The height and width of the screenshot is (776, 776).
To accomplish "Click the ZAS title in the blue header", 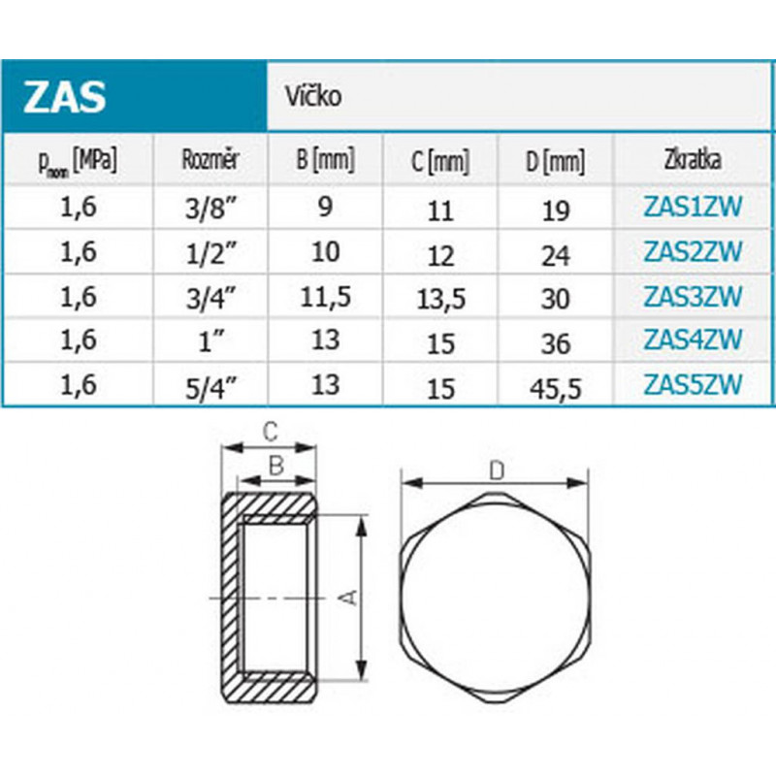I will click(65, 98).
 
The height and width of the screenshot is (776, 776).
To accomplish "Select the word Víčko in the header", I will click(312, 97).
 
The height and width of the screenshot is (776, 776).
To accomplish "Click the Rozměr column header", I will click(210, 159).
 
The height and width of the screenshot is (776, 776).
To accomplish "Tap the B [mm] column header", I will click(325, 159).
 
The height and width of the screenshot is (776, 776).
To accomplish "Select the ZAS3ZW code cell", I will click(693, 295).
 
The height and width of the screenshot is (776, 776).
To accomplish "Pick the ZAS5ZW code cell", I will click(693, 384).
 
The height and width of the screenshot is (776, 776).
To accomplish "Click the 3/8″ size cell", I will click(210, 208).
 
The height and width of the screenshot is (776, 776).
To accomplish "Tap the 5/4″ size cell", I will click(210, 386).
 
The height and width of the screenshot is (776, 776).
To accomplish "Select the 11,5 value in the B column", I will click(325, 298).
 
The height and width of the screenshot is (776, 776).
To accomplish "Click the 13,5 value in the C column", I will click(440, 300).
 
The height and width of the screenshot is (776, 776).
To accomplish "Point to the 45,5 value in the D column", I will click(555, 389).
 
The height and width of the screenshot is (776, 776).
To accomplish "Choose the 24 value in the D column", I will click(555, 255).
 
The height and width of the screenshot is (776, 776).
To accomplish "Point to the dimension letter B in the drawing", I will click(275, 467).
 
